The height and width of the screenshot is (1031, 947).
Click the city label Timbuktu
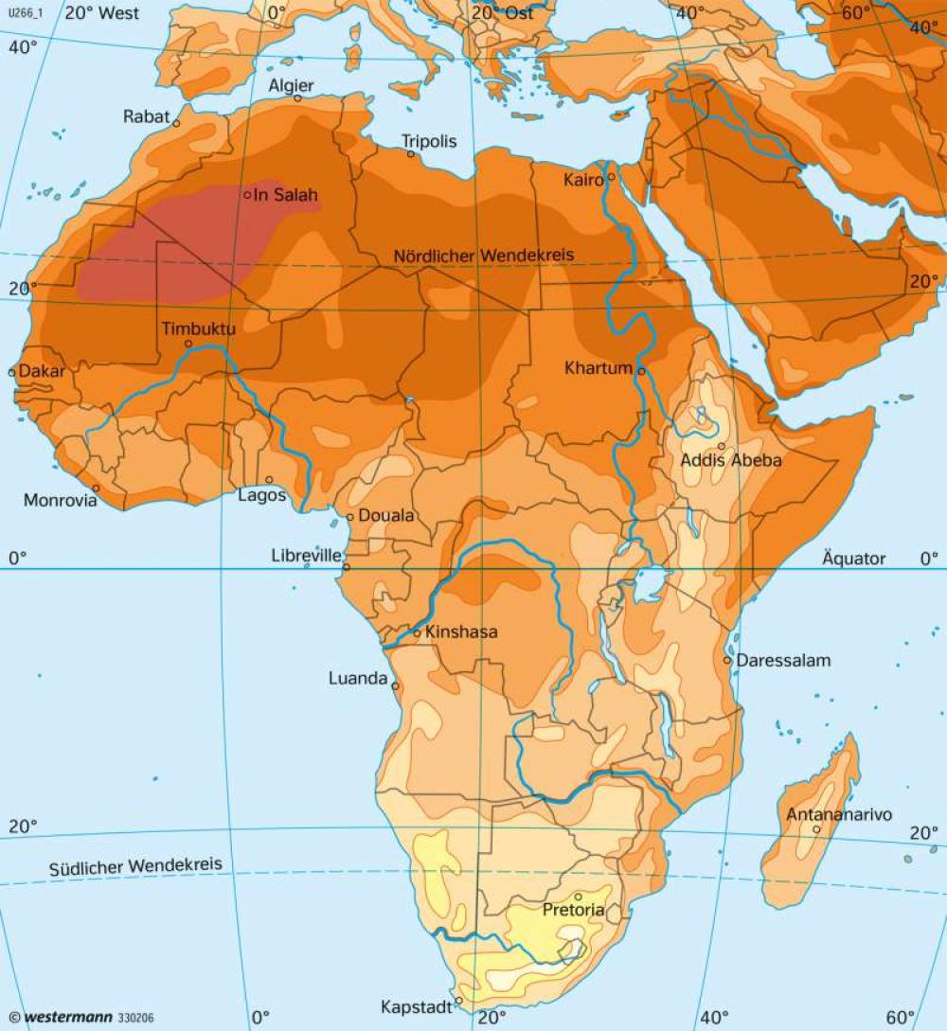click(198, 329)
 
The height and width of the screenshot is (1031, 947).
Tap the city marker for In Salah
click(247, 195)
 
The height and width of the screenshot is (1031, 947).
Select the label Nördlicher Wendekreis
click(484, 257)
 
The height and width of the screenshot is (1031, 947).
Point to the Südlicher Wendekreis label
click(135, 865)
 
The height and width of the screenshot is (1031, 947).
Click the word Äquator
click(854, 559)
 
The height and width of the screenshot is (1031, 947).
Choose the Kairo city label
click(583, 179)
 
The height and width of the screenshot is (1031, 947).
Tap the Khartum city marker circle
click(641, 371)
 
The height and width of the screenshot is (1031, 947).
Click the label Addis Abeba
click(731, 460)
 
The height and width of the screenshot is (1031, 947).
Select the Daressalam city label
click(783, 660)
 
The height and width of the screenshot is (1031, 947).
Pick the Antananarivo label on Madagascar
click(839, 814)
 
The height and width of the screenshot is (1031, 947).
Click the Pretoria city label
click(573, 910)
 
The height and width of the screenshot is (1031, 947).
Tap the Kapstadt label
click(416, 1006)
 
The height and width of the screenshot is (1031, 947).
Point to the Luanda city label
click(358, 678)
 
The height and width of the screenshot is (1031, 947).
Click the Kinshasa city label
click(461, 632)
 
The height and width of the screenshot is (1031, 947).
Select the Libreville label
click(306, 556)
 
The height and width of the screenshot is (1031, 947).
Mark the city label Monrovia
click(61, 500)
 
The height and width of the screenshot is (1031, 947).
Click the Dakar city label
click(43, 371)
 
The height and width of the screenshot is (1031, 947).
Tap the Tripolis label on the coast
click(429, 141)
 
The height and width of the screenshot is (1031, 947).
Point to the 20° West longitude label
click(101, 13)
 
